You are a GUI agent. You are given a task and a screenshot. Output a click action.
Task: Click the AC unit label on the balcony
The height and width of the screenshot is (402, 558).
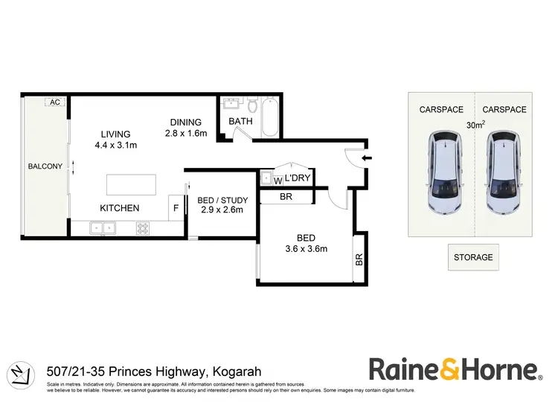[54, 103]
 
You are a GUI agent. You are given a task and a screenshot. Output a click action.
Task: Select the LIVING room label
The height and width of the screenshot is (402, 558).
[117, 134]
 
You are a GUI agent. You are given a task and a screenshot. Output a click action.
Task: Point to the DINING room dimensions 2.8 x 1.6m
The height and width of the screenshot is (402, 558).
[186, 134]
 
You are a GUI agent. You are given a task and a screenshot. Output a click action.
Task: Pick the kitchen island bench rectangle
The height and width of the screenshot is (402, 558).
[131, 184]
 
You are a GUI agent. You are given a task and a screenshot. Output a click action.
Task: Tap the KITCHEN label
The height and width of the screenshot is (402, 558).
[120, 208]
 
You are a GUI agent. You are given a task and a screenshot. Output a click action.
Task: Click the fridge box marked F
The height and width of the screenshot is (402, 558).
[176, 208]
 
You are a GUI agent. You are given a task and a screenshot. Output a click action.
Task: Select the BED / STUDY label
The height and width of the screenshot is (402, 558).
[221, 200]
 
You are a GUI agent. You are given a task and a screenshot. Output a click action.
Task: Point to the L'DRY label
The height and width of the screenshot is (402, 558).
[296, 178]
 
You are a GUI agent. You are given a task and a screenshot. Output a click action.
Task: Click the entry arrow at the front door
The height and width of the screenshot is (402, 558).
[364, 157]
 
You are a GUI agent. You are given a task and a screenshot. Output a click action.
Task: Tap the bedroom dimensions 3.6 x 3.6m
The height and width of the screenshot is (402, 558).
[305, 249]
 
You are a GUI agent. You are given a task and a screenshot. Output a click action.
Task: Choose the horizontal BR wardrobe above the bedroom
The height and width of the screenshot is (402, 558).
[286, 197]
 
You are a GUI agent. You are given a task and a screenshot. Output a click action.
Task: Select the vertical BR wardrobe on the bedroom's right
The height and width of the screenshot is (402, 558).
[359, 260]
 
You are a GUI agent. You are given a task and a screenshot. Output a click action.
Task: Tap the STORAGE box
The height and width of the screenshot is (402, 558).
[473, 257]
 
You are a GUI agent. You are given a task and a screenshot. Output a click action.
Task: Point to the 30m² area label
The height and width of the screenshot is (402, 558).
[475, 126]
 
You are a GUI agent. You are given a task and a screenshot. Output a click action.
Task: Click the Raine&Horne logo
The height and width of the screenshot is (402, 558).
[454, 369]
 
